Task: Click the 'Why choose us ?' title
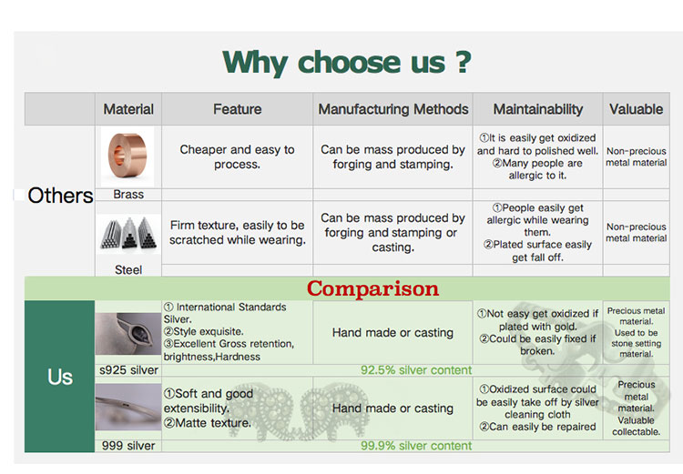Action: tap(347, 62)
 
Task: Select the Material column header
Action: tap(128, 109)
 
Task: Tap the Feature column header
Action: tap(238, 109)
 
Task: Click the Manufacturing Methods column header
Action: tap(393, 109)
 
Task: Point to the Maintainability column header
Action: tap(538, 109)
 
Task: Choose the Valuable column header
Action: tap(636, 109)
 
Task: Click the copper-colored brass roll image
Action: tap(127, 156)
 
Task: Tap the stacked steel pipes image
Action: tap(128, 234)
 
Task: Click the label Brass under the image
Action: tap(128, 195)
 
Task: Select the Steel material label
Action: tap(128, 270)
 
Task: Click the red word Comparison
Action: tap(372, 288)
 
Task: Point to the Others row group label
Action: tap(60, 196)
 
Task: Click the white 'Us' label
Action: tap(60, 377)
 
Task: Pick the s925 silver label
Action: tap(129, 370)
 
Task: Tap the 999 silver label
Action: tap(128, 446)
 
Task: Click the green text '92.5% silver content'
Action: tap(416, 370)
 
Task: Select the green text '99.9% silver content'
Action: tap(416, 446)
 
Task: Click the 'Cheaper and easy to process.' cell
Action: tap(238, 157)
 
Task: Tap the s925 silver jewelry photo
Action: tap(128, 333)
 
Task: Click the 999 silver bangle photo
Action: tap(128, 407)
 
